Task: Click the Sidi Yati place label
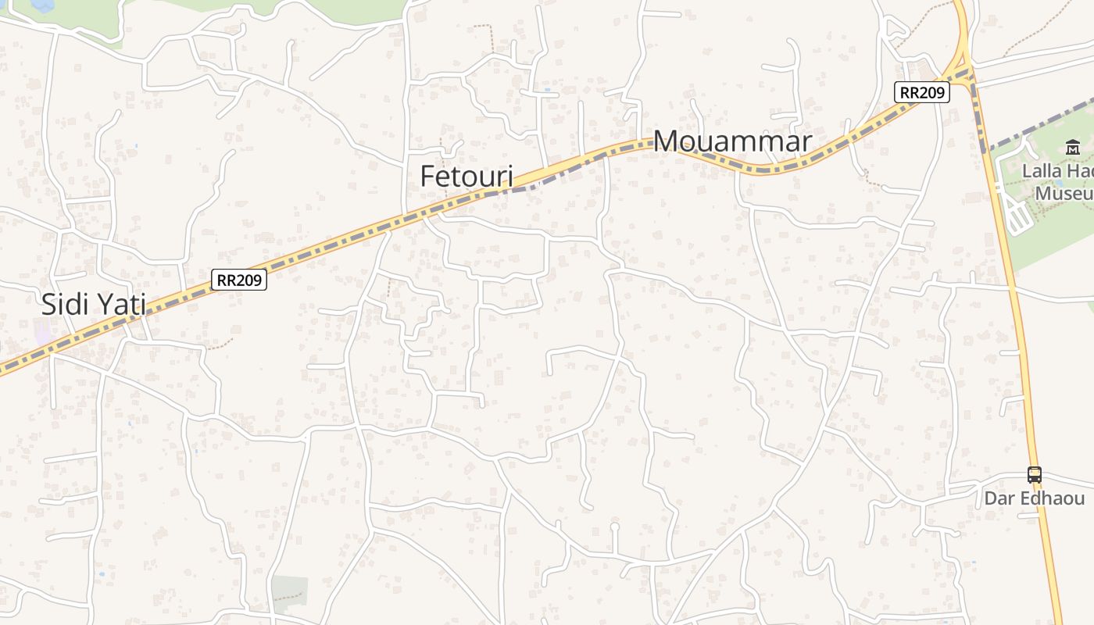coord(94,304)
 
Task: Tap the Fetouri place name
coord(467,177)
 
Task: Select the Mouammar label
coord(732,141)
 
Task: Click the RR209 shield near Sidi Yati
coord(239,280)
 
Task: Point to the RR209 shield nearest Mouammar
coord(922,92)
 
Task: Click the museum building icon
coord(1072,147)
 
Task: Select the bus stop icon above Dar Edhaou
coord(1034,474)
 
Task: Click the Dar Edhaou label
coord(1034,498)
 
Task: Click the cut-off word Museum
coord(1064,192)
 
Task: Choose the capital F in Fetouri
coord(428,177)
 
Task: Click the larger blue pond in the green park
coord(41,5)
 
